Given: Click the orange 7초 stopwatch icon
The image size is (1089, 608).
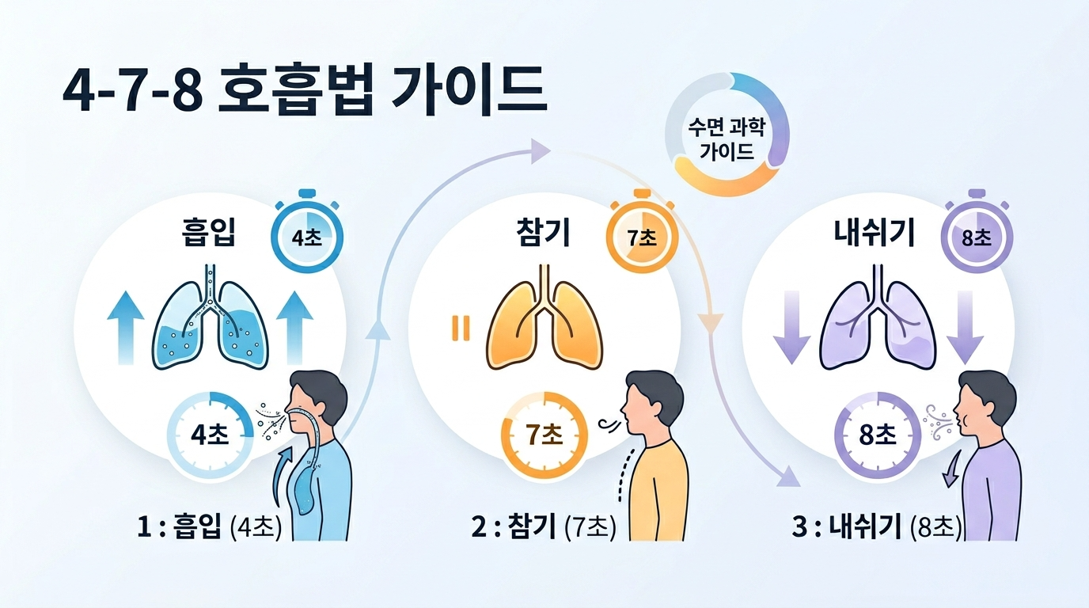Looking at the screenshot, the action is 642,235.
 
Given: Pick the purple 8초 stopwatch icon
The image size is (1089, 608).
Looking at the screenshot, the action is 977,235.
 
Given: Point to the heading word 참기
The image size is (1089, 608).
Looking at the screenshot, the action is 542,235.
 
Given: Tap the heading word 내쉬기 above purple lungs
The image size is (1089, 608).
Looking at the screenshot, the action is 875,235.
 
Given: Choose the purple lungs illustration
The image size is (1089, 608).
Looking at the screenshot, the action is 878,320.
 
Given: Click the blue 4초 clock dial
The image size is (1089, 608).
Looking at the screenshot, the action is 211,435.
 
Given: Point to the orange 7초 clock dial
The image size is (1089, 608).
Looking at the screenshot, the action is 544,435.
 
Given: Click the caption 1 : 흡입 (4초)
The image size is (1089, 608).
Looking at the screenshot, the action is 209,526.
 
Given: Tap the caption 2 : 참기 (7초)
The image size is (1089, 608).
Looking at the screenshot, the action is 544,526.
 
